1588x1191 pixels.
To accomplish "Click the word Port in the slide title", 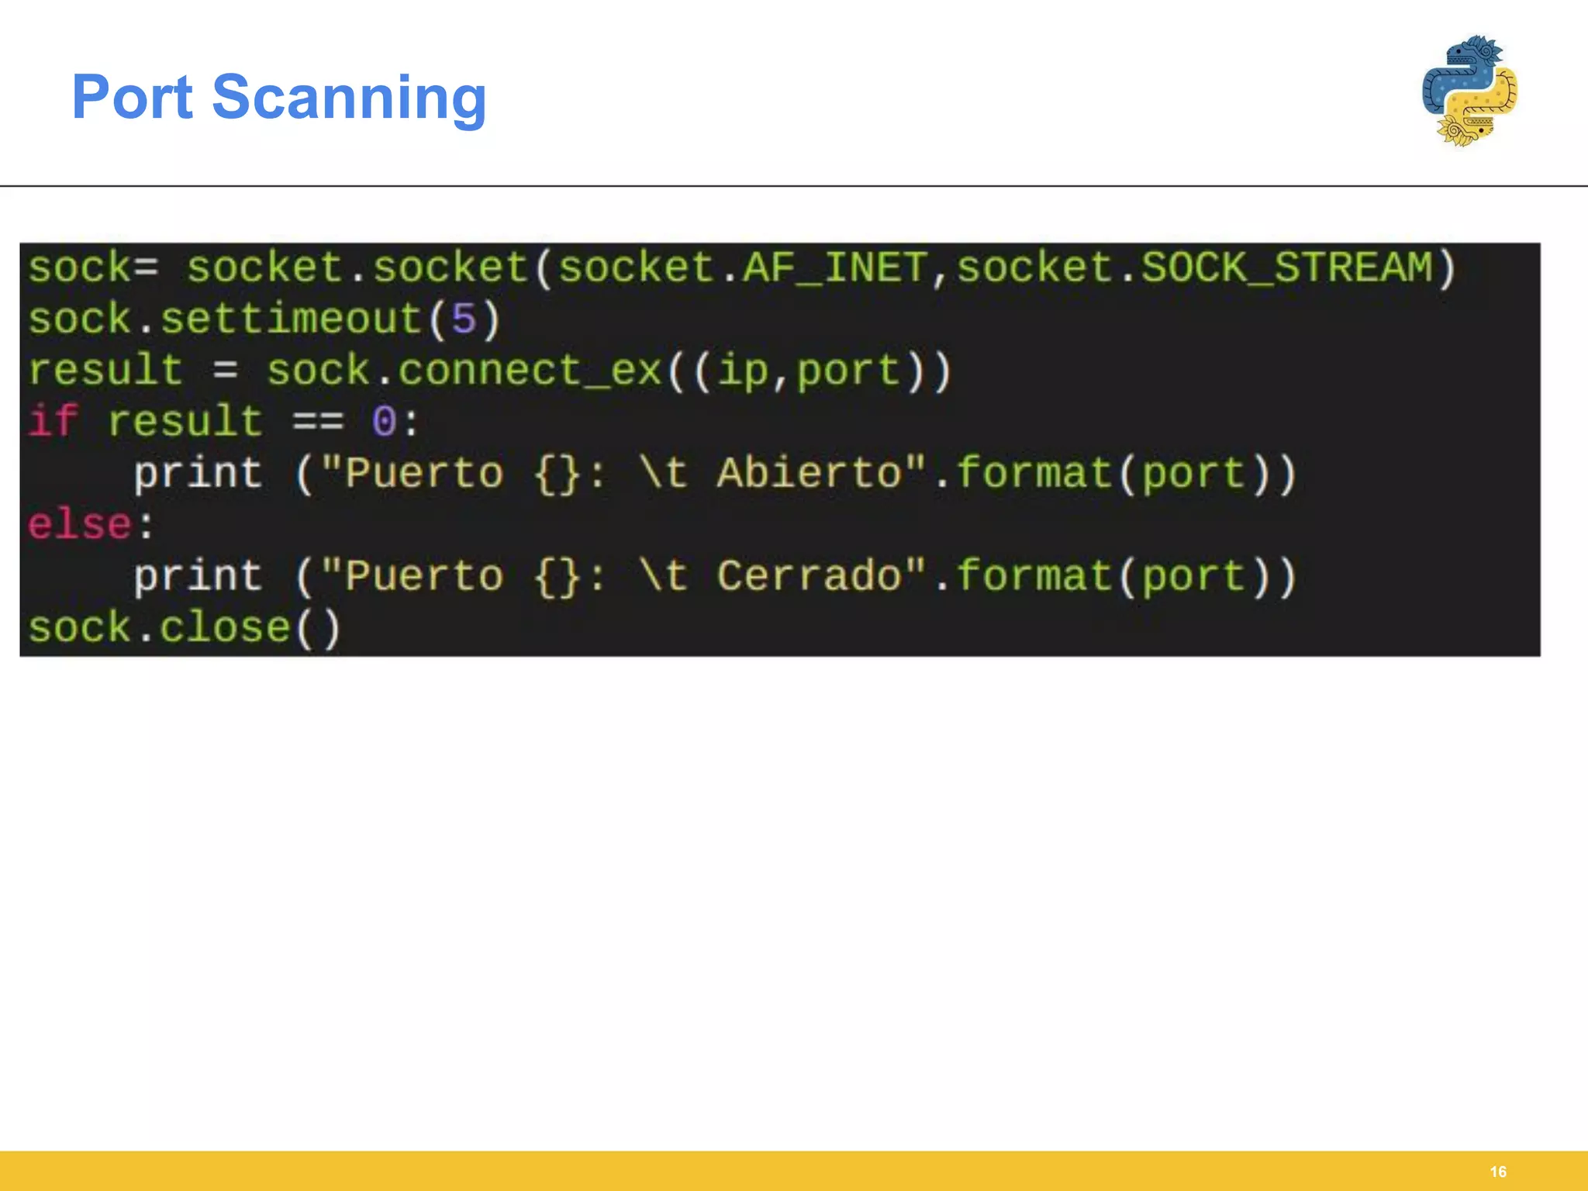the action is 133,97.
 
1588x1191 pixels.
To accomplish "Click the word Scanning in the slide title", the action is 349,98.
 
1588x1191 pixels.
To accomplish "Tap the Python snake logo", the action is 1469,91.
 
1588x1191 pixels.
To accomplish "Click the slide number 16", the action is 1498,1172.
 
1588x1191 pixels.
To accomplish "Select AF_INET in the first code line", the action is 836,268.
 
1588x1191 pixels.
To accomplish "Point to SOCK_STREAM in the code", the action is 1286,268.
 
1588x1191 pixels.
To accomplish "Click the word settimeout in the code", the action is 291,319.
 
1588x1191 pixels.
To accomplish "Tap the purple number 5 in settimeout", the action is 463,319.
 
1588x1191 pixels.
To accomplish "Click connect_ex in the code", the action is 530,371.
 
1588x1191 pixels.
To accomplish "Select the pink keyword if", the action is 54,421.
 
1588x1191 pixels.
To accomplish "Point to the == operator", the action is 318,423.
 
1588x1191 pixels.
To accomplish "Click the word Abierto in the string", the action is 810,473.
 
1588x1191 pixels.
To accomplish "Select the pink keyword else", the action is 80,524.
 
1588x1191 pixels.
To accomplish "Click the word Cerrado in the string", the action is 810,576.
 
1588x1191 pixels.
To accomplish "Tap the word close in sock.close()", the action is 225,627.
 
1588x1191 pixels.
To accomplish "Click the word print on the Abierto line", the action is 198,474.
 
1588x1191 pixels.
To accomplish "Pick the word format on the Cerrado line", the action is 1035,576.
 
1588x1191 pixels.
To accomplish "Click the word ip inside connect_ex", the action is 743,371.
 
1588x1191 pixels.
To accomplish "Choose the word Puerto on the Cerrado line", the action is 424,576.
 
